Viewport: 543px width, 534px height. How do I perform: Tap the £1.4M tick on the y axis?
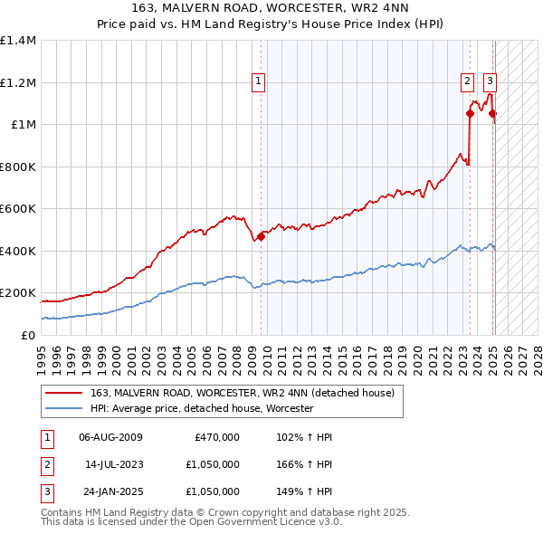18,41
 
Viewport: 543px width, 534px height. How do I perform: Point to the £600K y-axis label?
18,209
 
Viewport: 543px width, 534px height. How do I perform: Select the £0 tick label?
27,335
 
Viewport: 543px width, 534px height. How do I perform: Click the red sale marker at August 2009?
261,236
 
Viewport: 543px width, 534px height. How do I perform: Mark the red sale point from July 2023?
471,114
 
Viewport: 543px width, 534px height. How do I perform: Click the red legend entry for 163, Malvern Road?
242,394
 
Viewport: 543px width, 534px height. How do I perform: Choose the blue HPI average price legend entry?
202,409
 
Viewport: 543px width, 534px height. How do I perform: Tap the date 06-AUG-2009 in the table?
110,437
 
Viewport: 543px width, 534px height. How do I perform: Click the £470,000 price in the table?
217,437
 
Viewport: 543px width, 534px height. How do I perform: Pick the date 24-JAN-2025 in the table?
110,491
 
